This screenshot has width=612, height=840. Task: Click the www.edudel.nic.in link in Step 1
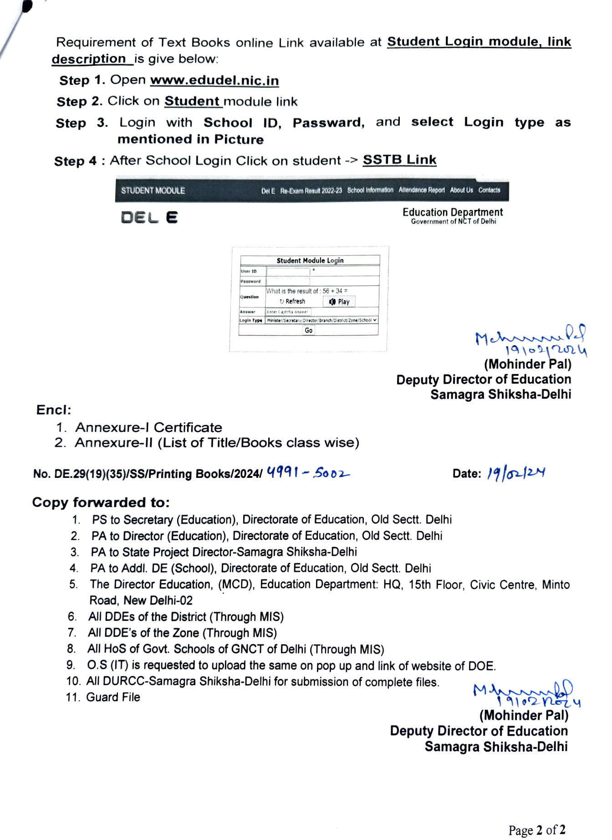tap(214, 81)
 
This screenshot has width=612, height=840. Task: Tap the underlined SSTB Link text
tap(399, 160)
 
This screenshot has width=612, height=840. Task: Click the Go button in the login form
tap(308, 330)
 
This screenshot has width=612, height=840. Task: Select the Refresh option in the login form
tap(292, 302)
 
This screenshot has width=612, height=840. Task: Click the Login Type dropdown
tap(321, 320)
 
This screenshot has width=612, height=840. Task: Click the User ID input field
tap(288, 271)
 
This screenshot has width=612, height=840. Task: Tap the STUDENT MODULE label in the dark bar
tap(153, 191)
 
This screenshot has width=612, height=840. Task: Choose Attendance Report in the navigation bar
tap(421, 190)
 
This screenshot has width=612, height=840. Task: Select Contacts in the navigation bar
tap(489, 190)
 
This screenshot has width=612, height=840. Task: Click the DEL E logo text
tap(149, 218)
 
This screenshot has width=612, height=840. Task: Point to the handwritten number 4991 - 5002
tap(308, 473)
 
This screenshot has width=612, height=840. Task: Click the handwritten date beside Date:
tap(516, 474)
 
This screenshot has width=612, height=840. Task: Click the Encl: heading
tap(54, 410)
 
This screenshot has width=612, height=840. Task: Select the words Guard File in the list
tap(113, 697)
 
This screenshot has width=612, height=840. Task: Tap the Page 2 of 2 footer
tap(537, 830)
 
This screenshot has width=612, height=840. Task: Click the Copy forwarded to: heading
tap(101, 502)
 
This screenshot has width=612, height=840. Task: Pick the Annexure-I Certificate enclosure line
tap(148, 427)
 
